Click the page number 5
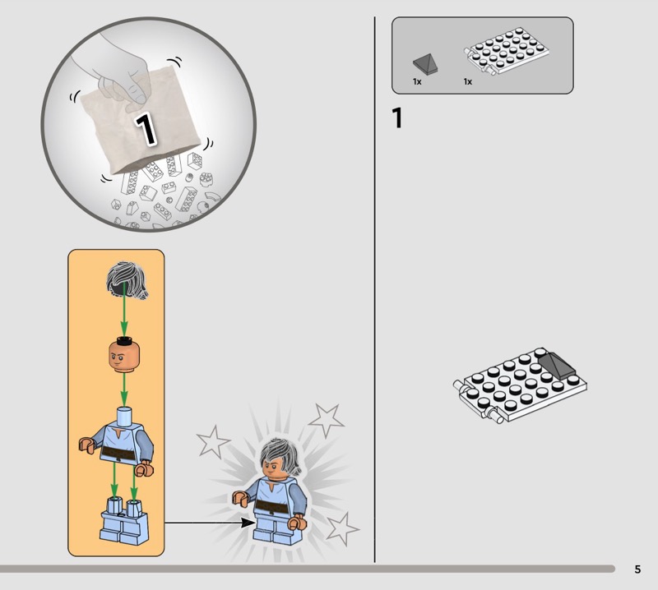[637, 569]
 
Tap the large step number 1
[397, 118]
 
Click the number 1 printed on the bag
[146, 129]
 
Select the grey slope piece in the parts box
[425, 65]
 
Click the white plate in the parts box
[507, 51]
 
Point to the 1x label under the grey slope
[417, 82]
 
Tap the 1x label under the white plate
[468, 82]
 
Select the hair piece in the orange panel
[127, 280]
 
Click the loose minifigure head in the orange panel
[124, 356]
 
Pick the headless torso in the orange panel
[117, 441]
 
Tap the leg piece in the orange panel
[124, 520]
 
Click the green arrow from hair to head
[124, 311]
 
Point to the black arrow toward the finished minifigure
[209, 523]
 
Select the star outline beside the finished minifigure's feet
[342, 528]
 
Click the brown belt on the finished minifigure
[272, 507]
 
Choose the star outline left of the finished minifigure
[213, 441]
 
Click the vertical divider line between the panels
[375, 289]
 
